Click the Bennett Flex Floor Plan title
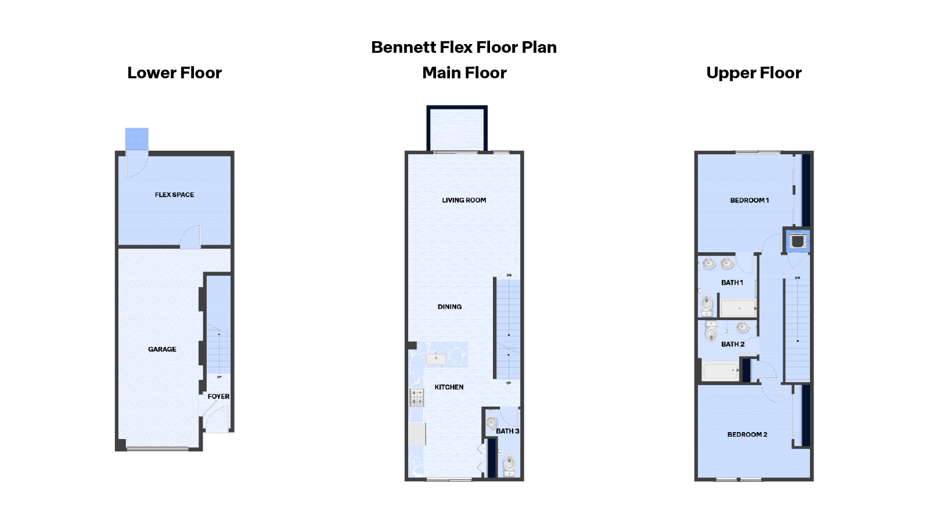click(464, 47)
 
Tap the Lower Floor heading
click(174, 73)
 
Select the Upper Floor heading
click(754, 73)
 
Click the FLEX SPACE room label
click(174, 195)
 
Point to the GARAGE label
click(162, 349)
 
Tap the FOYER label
click(218, 397)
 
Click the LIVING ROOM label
click(464, 200)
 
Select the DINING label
click(449, 307)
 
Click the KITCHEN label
click(449, 387)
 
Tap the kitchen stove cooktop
click(416, 397)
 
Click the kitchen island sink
click(436, 359)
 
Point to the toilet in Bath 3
click(509, 464)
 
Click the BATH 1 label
click(732, 282)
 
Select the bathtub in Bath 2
click(720, 371)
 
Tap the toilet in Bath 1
click(707, 303)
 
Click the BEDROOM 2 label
click(747, 434)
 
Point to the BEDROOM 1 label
click(749, 200)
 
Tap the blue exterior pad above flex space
click(137, 139)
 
